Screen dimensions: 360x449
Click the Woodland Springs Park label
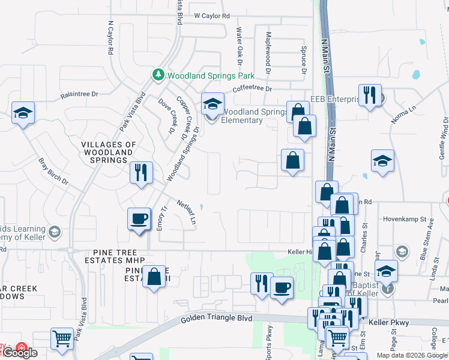pyautogui.click(x=211, y=76)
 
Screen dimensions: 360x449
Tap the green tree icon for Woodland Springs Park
pyautogui.click(x=158, y=75)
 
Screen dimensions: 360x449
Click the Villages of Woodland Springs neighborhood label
pyautogui.click(x=108, y=153)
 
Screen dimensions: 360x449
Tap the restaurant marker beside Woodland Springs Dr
pyautogui.click(x=141, y=172)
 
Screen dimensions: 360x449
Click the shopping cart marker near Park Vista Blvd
pyautogui.click(x=62, y=338)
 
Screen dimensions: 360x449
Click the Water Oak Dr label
pyautogui.click(x=239, y=46)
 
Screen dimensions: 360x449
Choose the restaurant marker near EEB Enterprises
pyautogui.click(x=370, y=95)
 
